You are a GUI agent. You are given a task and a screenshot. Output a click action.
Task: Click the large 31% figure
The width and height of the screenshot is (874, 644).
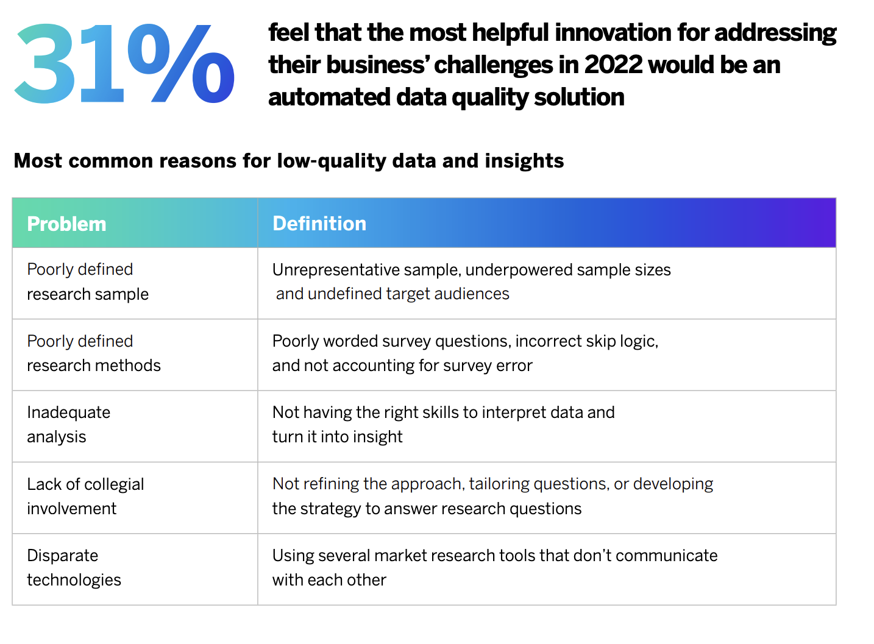click(x=125, y=64)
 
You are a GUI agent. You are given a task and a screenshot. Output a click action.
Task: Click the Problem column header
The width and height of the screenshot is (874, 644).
click(x=66, y=224)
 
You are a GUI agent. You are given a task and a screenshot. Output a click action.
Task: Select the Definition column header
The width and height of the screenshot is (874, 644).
click(x=319, y=224)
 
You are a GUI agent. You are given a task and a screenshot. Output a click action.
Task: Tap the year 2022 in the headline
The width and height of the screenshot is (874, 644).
click(x=612, y=65)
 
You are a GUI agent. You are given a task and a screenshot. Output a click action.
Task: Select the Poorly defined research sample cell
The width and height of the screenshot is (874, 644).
click(x=88, y=281)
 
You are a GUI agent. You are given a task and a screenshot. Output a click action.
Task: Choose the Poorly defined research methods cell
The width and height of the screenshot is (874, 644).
click(x=93, y=353)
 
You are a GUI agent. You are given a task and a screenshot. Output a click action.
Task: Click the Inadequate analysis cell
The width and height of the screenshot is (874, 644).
click(x=68, y=425)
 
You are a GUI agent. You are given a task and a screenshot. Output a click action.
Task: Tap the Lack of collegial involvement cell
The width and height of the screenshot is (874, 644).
click(x=85, y=496)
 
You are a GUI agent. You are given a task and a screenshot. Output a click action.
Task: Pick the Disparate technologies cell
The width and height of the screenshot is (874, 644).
click(x=74, y=568)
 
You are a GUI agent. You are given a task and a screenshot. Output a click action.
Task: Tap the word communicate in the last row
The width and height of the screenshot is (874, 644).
click(x=666, y=556)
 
